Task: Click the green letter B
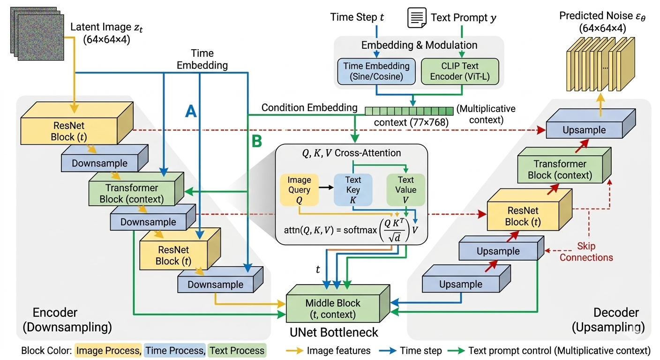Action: pyautogui.click(x=257, y=142)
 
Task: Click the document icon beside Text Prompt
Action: pyautogui.click(x=417, y=18)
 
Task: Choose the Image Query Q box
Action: pyautogui.click(x=299, y=189)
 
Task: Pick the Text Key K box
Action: pyautogui.click(x=353, y=189)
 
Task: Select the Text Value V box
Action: pyautogui.click(x=405, y=189)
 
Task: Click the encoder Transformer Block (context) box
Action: pyautogui.click(x=132, y=193)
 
